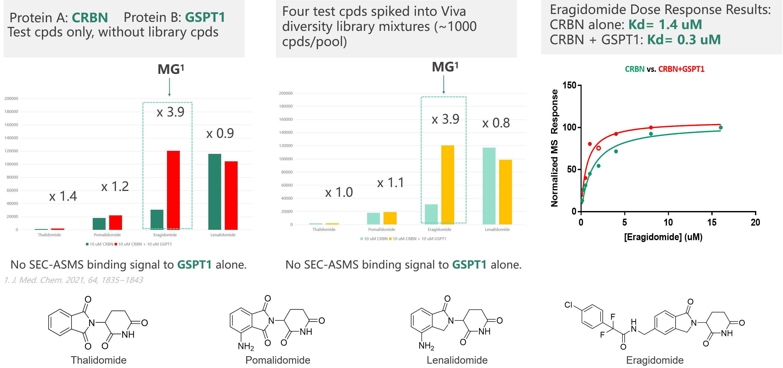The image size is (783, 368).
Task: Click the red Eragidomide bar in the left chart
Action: (x=173, y=190)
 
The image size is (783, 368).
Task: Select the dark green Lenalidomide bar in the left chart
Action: (x=215, y=192)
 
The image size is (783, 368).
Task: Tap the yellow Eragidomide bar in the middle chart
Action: (x=448, y=185)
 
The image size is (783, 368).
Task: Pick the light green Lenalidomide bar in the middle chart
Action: (x=489, y=186)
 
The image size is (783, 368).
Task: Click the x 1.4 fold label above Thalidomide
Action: (x=63, y=196)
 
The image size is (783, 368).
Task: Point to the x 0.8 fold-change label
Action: (x=496, y=123)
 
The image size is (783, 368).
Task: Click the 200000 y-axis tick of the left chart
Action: (x=11, y=99)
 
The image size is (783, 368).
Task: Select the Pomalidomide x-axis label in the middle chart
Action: (x=381, y=230)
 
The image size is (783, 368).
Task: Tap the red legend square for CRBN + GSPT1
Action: (x=116, y=244)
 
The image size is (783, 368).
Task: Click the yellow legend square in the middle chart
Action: (x=390, y=239)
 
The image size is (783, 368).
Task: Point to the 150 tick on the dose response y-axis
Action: (x=569, y=85)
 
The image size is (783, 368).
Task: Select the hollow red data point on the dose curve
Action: (x=599, y=148)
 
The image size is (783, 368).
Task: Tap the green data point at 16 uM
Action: (x=721, y=128)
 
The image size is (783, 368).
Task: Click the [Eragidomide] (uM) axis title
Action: (x=663, y=237)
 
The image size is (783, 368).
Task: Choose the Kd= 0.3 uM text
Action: (x=684, y=40)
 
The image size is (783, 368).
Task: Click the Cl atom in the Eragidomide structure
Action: (x=568, y=305)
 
